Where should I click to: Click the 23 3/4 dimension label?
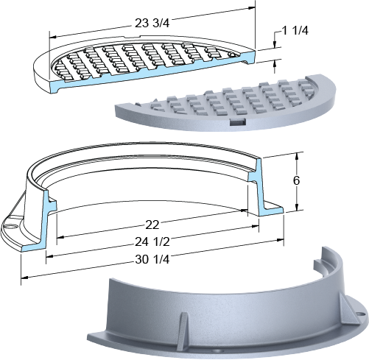click(152, 23)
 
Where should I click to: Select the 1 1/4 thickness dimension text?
click(295, 31)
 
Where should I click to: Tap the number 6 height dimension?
click(296, 180)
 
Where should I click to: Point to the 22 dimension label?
click(152, 225)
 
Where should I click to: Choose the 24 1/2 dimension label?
click(152, 242)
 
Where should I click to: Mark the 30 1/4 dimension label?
click(152, 259)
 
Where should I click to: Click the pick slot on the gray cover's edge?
click(238, 121)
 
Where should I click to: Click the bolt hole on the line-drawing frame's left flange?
click(9, 226)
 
